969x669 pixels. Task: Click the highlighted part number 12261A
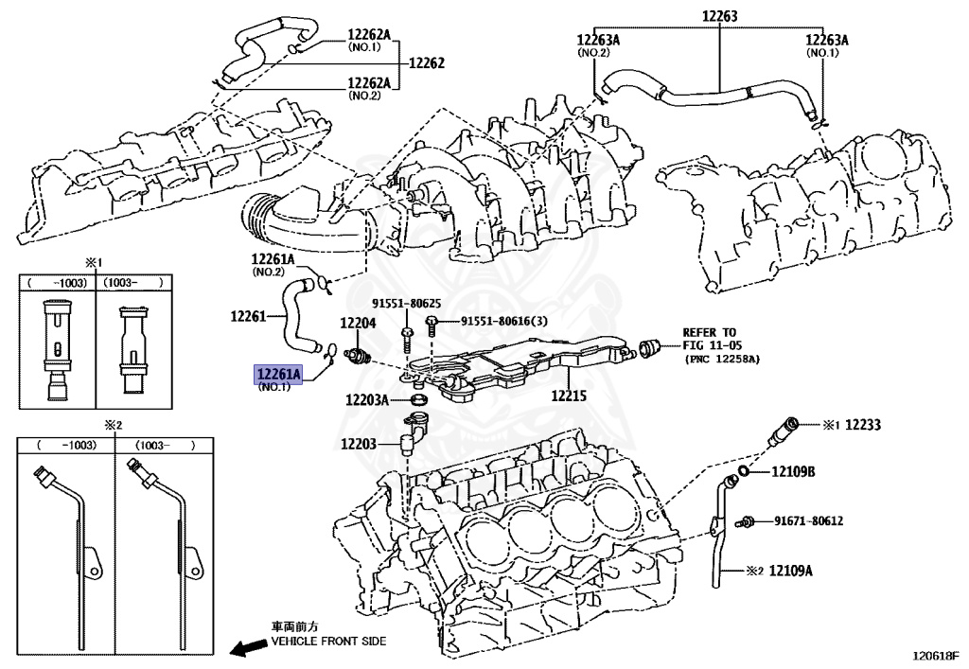coord(276,376)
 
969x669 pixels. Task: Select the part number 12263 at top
coord(719,16)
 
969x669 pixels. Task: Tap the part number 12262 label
coord(426,64)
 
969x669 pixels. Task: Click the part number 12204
coord(358,324)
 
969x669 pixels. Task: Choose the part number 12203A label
coord(367,400)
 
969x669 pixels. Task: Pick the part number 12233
coord(862,426)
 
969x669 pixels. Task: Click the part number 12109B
coord(793,471)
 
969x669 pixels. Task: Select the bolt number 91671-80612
coord(808,520)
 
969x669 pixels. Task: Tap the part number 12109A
coord(790,571)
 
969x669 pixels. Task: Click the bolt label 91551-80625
coord(405,304)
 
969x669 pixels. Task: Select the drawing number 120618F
coord(935,655)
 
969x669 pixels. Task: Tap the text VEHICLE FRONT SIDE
coord(329,642)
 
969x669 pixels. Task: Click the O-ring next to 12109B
coord(746,471)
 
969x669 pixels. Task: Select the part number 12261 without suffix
coord(250,317)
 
